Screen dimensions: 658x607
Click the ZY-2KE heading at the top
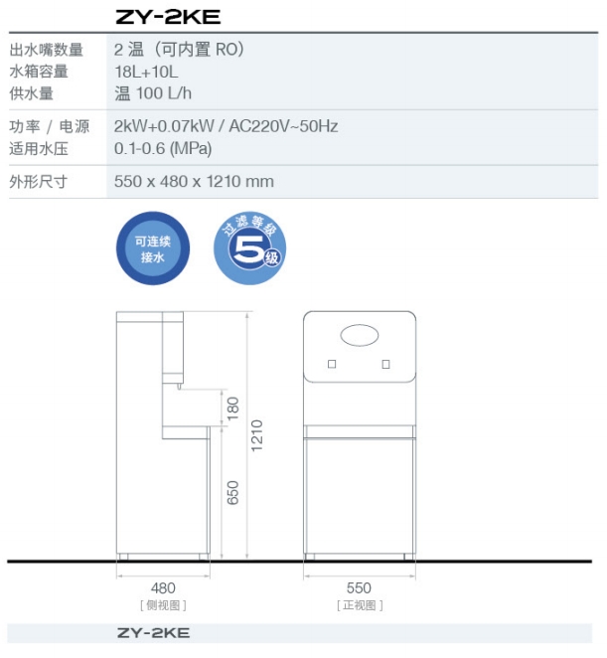[x=168, y=17]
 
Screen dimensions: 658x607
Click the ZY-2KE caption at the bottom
[x=153, y=633]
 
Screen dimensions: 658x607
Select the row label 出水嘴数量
[x=47, y=50]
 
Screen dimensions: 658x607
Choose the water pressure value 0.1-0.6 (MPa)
[x=163, y=148]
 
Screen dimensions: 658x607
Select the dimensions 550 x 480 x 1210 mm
[x=194, y=182]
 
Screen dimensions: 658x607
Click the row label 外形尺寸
[x=39, y=182]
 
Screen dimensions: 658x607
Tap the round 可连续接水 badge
[x=152, y=247]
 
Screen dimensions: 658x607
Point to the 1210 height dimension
[x=257, y=433]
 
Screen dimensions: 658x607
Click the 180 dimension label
[x=233, y=407]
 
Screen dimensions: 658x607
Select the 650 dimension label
[x=233, y=492]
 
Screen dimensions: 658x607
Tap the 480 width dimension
[x=163, y=588]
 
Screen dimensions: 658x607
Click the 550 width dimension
[x=359, y=588]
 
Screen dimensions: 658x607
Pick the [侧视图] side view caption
[x=163, y=604]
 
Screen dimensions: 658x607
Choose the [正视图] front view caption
[x=359, y=604]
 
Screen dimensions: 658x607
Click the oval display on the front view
[x=360, y=335]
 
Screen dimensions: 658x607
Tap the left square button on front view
[x=332, y=364]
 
